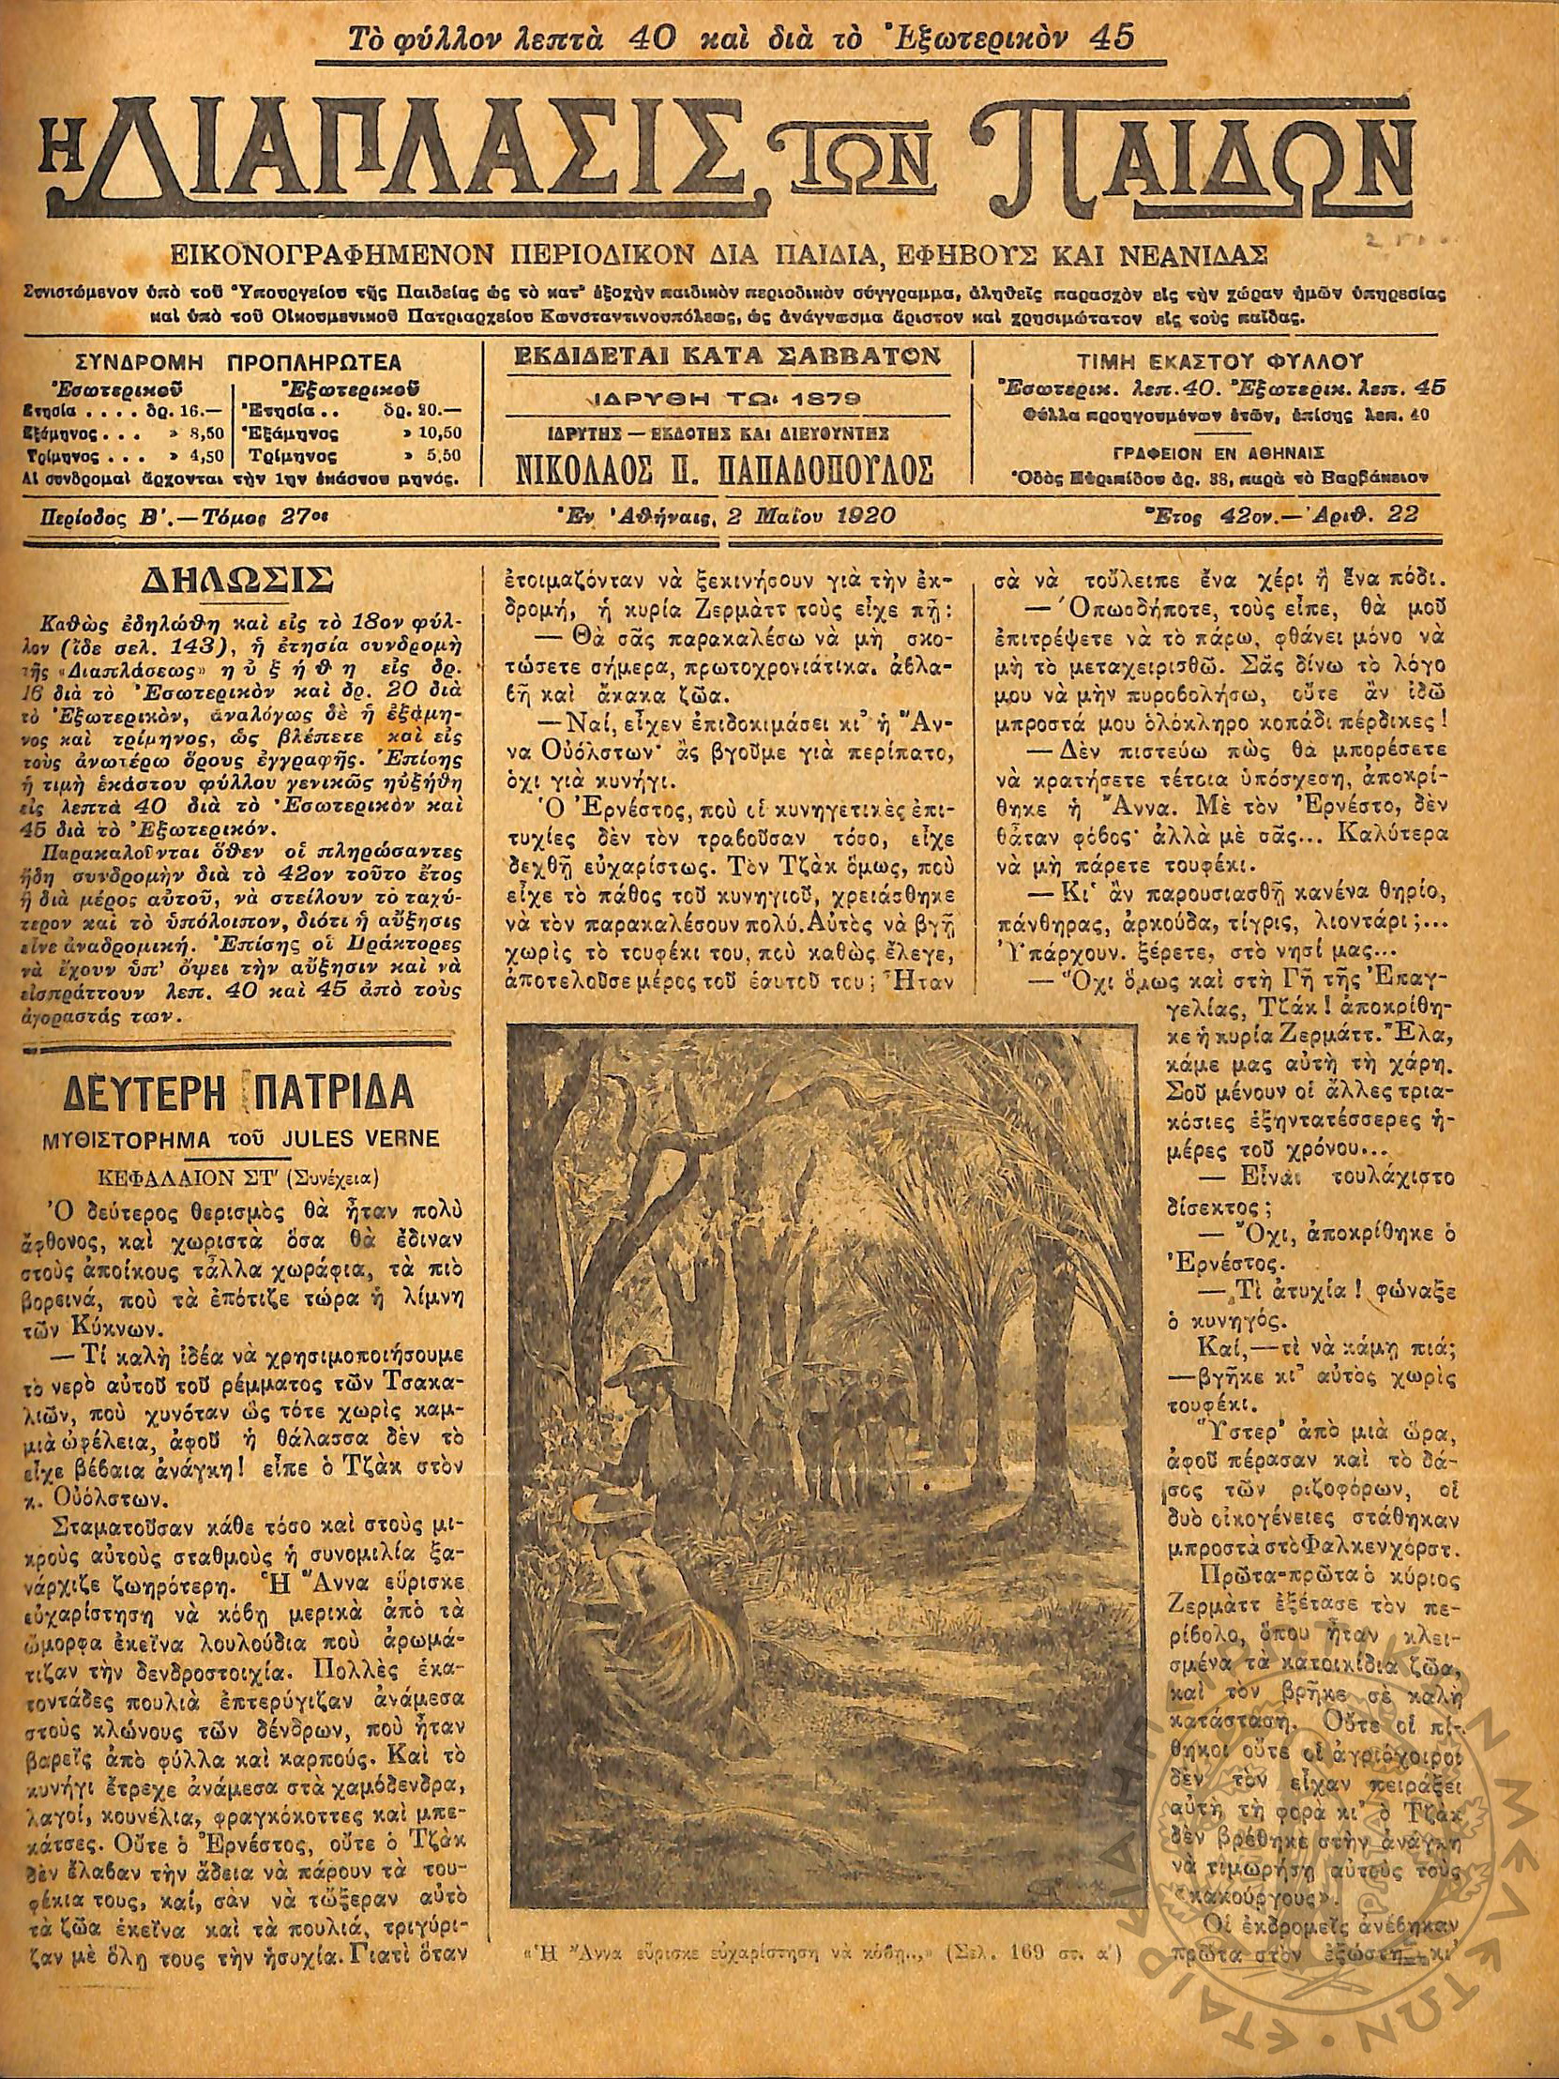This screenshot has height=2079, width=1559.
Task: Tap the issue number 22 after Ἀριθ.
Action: [x=1406, y=513]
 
